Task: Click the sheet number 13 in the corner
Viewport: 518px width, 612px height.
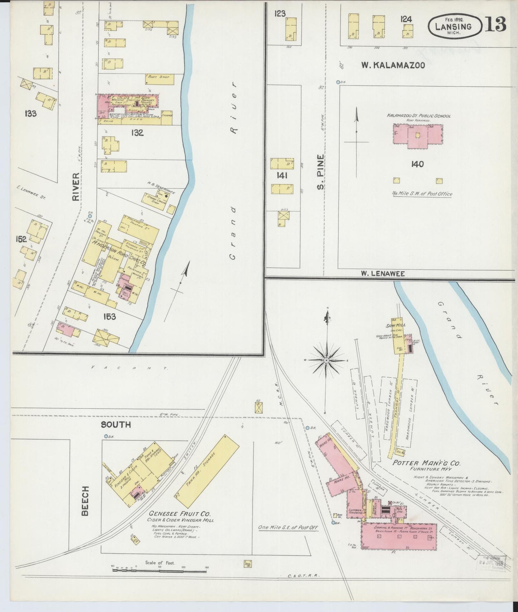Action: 496,24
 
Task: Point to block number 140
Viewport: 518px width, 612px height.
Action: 418,164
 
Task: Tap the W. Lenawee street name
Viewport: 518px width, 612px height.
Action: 382,273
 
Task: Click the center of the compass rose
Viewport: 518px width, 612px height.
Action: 327,360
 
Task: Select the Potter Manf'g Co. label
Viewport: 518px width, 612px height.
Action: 426,463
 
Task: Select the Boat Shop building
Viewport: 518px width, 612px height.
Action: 160,79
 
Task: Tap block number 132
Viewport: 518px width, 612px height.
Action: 137,133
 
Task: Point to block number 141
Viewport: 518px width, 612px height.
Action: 282,175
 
